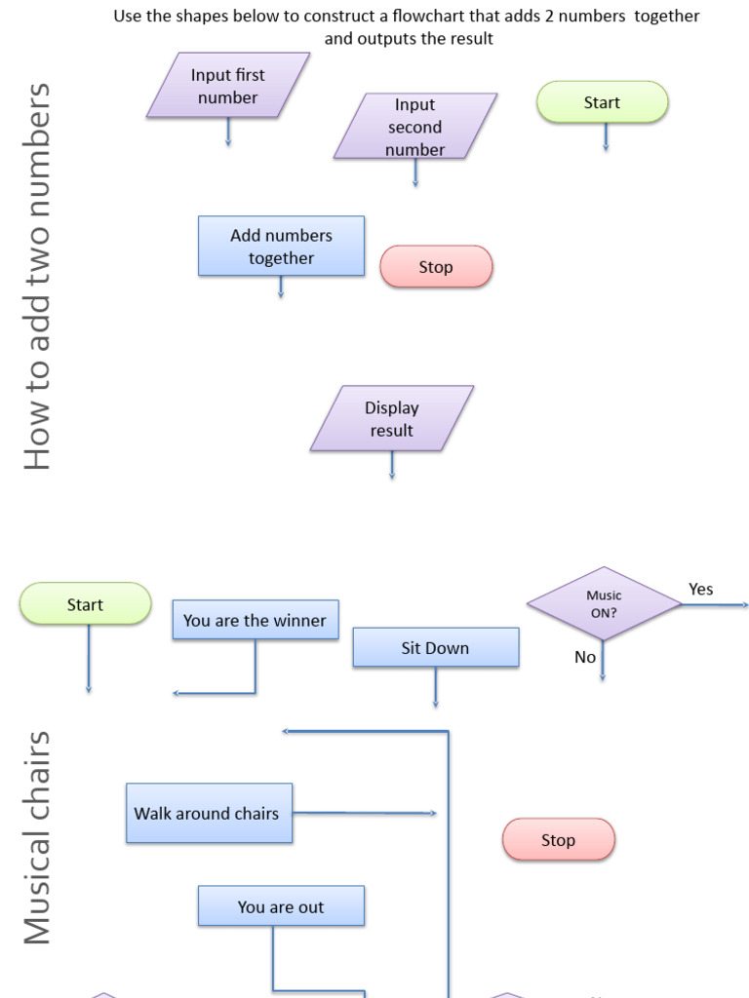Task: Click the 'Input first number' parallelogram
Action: [x=228, y=85]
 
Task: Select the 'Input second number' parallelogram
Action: [x=415, y=126]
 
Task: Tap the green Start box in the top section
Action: [x=602, y=102]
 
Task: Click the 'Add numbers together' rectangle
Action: [x=281, y=247]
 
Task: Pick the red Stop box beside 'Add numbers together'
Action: [x=436, y=267]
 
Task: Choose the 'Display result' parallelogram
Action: [x=392, y=418]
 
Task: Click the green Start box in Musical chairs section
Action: [x=85, y=604]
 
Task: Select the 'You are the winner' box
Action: [x=256, y=620]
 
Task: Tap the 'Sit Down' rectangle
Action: [x=435, y=648]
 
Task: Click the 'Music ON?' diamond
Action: [x=604, y=604]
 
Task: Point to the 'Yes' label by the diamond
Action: [x=700, y=589]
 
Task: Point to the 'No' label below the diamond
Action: [x=585, y=657]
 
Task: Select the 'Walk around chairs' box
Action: [x=209, y=814]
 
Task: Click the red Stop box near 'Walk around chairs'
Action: [x=559, y=840]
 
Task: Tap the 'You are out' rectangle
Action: [x=281, y=906]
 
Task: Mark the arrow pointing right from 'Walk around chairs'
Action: [x=366, y=813]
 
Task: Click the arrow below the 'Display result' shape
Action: [x=392, y=466]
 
